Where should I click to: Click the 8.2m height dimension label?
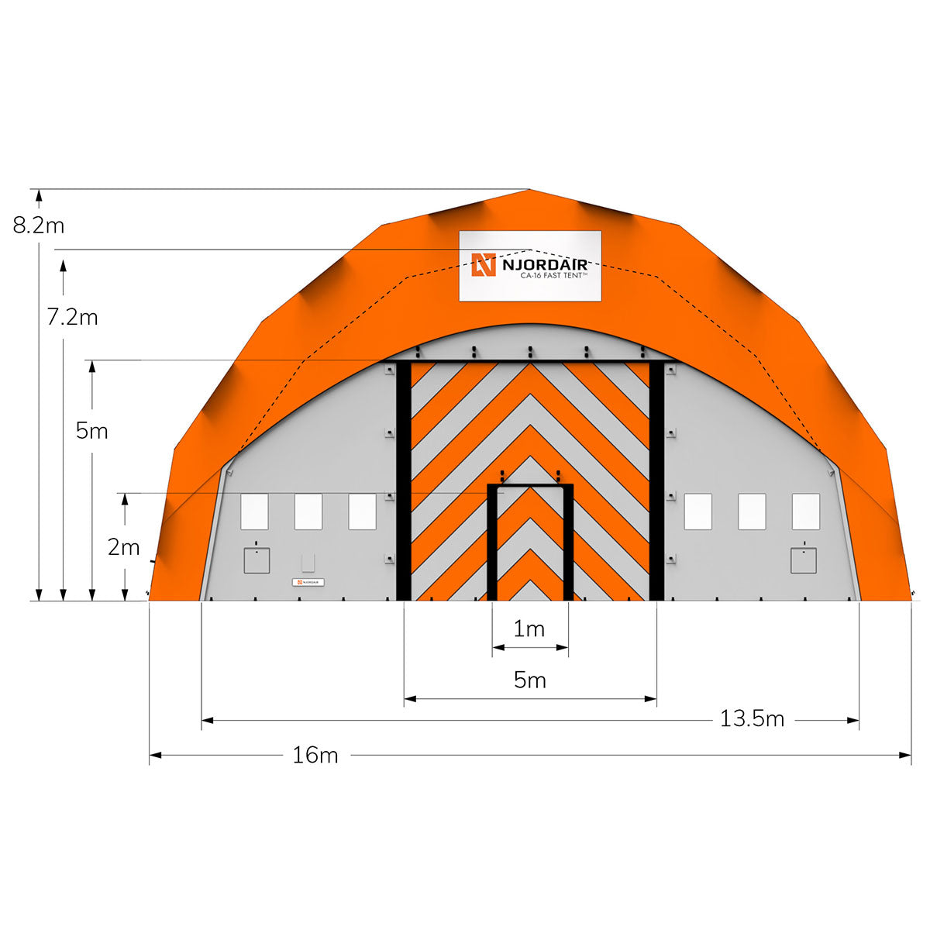pyautogui.click(x=39, y=226)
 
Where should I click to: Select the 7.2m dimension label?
pyautogui.click(x=72, y=317)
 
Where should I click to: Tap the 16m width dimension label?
pyautogui.click(x=315, y=755)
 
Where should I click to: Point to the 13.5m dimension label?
pyautogui.click(x=752, y=718)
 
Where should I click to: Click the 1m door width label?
pyautogui.click(x=529, y=629)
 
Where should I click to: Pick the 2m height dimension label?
pyautogui.click(x=123, y=547)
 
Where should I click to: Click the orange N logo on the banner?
pyautogui.click(x=484, y=264)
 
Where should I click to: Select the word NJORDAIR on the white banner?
pyautogui.click(x=545, y=264)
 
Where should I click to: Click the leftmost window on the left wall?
pyautogui.click(x=254, y=511)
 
